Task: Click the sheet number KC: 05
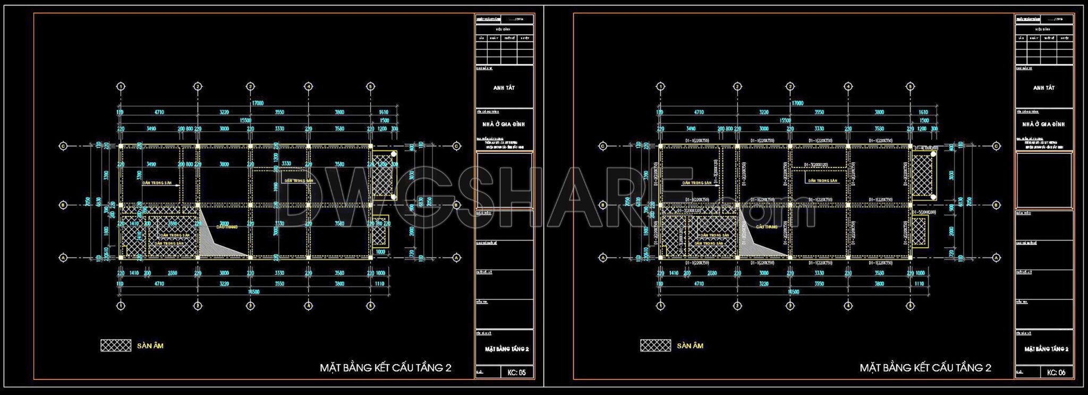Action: tap(516, 372)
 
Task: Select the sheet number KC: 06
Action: tap(1056, 372)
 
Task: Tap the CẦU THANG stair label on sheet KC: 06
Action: tap(767, 227)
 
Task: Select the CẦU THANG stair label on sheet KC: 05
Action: tap(227, 227)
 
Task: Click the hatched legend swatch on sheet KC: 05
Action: tap(116, 346)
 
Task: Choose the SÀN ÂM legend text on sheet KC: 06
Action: tap(690, 346)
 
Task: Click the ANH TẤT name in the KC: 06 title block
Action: tap(1043, 88)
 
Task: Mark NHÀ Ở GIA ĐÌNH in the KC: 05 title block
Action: tap(504, 124)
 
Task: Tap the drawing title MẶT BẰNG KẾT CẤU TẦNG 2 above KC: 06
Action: tap(925, 368)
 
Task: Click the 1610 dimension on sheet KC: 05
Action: tap(384, 112)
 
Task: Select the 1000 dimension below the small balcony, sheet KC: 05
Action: tap(380, 252)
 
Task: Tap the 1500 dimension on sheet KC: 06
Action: tap(924, 121)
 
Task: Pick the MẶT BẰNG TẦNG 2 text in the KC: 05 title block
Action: tap(507, 349)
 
